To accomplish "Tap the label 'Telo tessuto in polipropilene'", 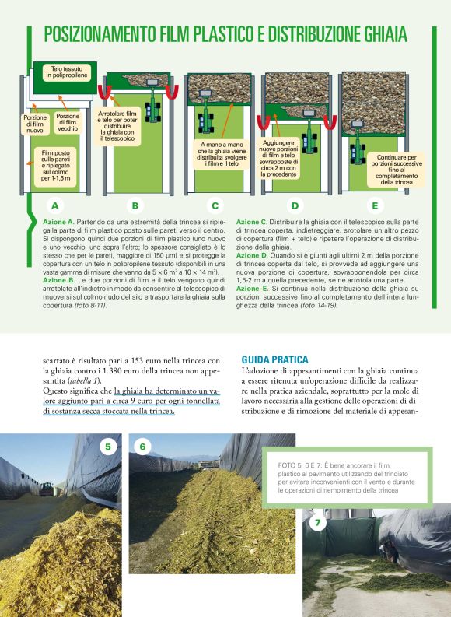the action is [68, 72].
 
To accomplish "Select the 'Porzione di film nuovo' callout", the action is [35, 124].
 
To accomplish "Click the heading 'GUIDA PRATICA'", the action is [275, 360].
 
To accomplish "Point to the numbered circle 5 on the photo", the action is [109, 447].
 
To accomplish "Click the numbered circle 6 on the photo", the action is [143, 447].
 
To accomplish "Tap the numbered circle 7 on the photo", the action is [317, 523].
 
